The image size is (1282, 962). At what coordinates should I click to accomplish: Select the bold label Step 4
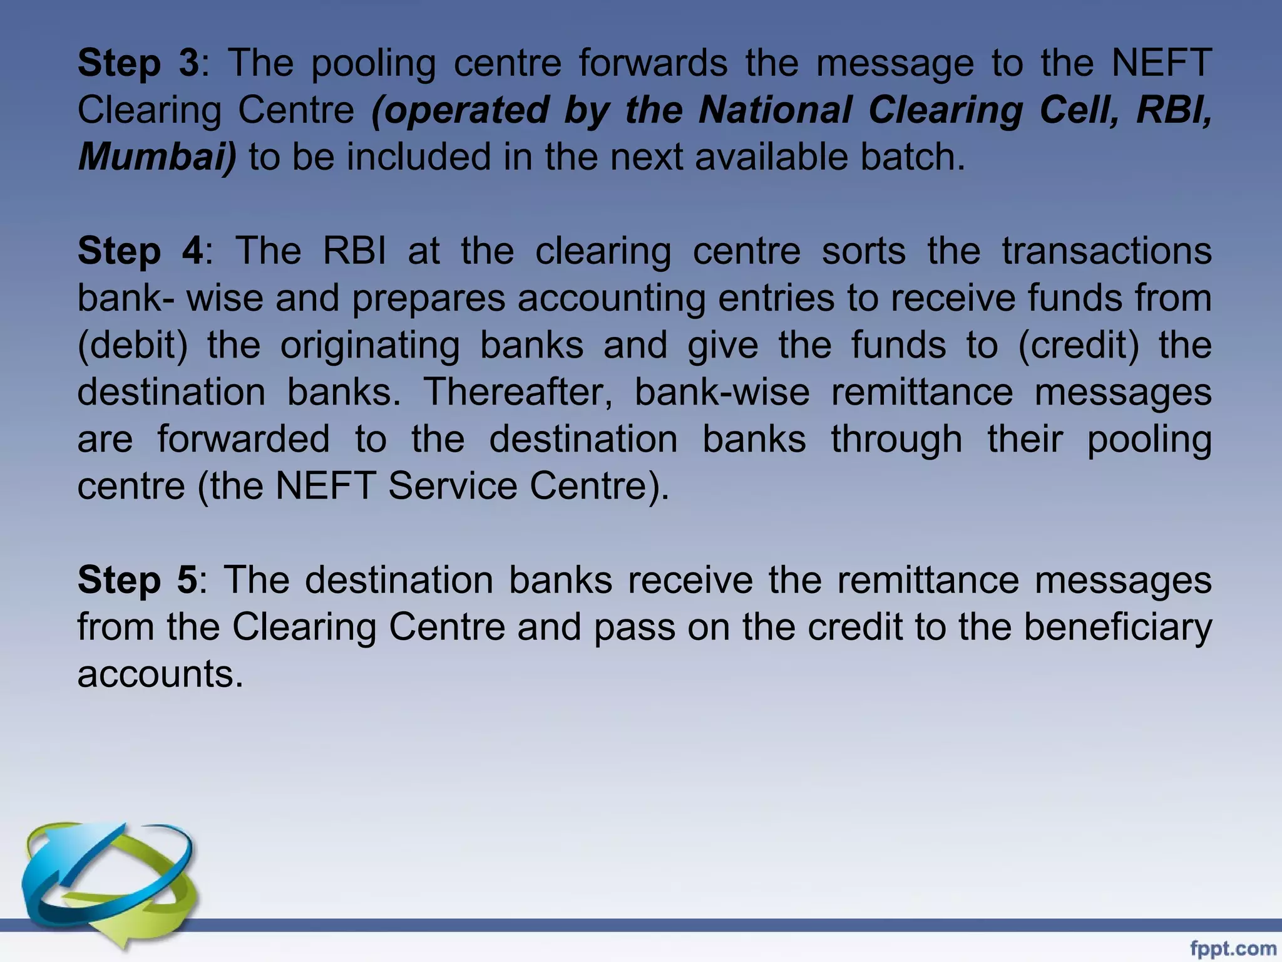140,252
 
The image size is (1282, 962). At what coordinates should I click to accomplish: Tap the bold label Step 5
137,580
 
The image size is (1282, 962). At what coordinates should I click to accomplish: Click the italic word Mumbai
157,157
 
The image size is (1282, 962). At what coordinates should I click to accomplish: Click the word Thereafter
518,393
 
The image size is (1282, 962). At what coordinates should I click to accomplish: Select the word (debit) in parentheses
132,346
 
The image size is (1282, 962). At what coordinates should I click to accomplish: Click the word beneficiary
1117,627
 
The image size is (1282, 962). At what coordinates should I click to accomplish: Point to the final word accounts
160,675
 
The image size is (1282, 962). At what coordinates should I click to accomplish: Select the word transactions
1107,252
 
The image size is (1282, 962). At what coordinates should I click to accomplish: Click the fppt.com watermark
1233,949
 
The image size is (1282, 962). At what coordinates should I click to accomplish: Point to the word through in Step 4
896,440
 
